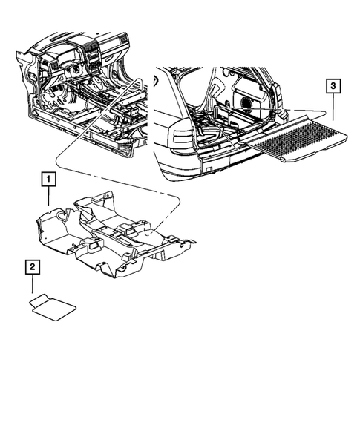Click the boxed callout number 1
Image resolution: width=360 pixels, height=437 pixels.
coord(46,179)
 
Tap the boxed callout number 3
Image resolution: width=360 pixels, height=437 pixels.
coord(334,87)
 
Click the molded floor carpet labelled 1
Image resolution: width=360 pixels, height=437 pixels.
coord(111,237)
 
